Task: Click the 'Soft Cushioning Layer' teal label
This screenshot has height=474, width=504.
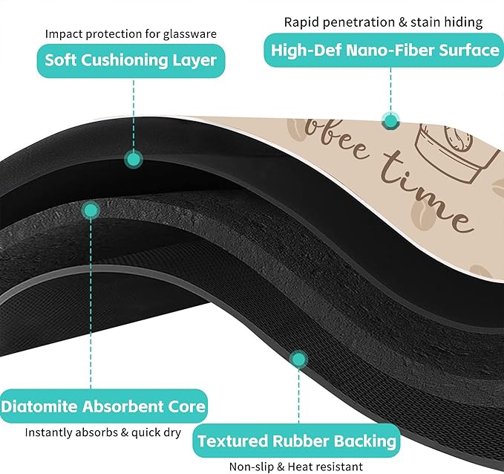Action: [131, 61]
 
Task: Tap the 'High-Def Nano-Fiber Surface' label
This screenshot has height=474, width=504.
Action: [384, 51]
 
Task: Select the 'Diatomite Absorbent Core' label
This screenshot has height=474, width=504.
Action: [103, 406]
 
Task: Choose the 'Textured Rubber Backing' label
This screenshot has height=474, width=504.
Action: [296, 441]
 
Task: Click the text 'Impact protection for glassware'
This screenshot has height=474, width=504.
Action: [131, 33]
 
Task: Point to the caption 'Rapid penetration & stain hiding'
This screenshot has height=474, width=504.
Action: [384, 22]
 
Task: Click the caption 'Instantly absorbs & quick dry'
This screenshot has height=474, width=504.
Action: [103, 432]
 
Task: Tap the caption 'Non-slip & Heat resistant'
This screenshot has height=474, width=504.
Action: [296, 467]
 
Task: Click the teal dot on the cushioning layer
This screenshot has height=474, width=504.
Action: [134, 159]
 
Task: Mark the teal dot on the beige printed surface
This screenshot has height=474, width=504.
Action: [391, 121]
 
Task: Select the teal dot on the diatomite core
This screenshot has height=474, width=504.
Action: [91, 210]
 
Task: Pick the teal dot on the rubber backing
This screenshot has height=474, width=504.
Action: [299, 360]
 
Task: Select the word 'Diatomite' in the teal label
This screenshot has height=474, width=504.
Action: [40, 406]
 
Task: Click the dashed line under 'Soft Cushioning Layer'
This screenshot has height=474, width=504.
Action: [134, 114]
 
